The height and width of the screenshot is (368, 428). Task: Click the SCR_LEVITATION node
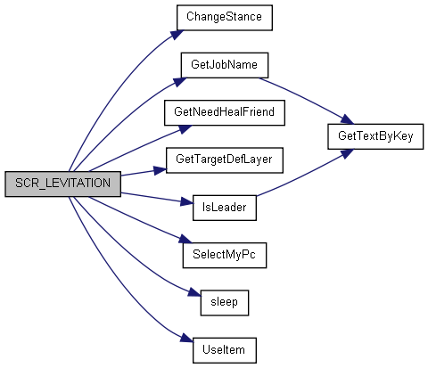pyautogui.click(x=62, y=184)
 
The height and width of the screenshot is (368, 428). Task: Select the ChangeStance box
pyautogui.click(x=225, y=18)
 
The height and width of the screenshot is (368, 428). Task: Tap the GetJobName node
pyautogui.click(x=225, y=65)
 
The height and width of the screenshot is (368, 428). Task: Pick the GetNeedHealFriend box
pyautogui.click(x=225, y=112)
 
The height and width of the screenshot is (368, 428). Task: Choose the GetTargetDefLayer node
pyautogui.click(x=225, y=160)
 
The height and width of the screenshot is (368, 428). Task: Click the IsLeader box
pyautogui.click(x=225, y=208)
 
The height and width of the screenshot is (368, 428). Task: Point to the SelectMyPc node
pyautogui.click(x=225, y=255)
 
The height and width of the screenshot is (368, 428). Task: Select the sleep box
pyautogui.click(x=225, y=303)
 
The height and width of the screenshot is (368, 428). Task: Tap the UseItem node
pyautogui.click(x=225, y=350)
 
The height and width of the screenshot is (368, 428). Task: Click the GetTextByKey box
pyautogui.click(x=375, y=136)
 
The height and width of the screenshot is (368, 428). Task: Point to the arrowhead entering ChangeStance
pyautogui.click(x=177, y=34)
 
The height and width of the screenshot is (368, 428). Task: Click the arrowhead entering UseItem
pyautogui.click(x=186, y=339)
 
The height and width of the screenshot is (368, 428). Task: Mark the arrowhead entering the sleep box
pyautogui.click(x=194, y=292)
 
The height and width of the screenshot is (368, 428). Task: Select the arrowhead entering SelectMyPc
pyautogui.click(x=185, y=239)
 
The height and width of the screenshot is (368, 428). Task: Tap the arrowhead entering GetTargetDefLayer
pyautogui.click(x=160, y=170)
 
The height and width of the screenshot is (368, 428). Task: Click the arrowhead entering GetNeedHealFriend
pyautogui.click(x=185, y=129)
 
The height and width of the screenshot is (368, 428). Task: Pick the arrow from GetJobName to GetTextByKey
pyautogui.click(x=306, y=99)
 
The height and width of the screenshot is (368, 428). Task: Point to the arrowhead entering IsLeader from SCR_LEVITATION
pyautogui.click(x=186, y=202)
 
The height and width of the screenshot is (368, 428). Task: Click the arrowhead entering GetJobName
pyautogui.click(x=180, y=82)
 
